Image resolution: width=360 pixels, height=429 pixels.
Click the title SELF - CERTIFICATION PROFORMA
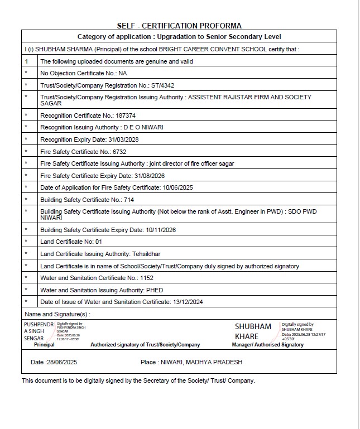(x=179, y=26)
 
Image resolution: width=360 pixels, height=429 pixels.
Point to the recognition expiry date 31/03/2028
(x=126, y=139)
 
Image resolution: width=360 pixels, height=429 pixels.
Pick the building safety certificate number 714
(x=129, y=200)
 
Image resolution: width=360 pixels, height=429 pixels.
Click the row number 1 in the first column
(x=26, y=61)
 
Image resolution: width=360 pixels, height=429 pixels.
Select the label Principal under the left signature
(x=44, y=345)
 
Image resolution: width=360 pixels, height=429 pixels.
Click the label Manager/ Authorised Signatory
(x=267, y=345)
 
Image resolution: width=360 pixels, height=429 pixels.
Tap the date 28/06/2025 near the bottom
(x=63, y=363)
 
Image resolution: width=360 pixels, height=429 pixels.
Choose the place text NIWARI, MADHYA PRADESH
(x=201, y=363)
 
